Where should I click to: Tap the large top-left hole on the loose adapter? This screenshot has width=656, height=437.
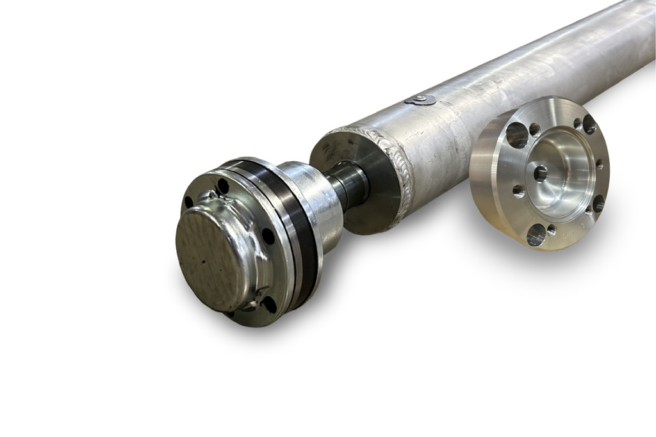[x=516, y=134]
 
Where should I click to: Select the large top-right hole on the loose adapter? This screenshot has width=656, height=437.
[x=589, y=124]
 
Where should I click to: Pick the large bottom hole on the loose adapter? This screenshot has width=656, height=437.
[x=536, y=235]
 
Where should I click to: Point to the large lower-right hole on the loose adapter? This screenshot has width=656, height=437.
[x=598, y=203]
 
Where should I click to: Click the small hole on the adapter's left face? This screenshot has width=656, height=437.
[x=518, y=191]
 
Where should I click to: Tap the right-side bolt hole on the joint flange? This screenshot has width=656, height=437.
[x=268, y=236]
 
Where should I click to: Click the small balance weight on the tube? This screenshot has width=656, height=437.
[x=420, y=99]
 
